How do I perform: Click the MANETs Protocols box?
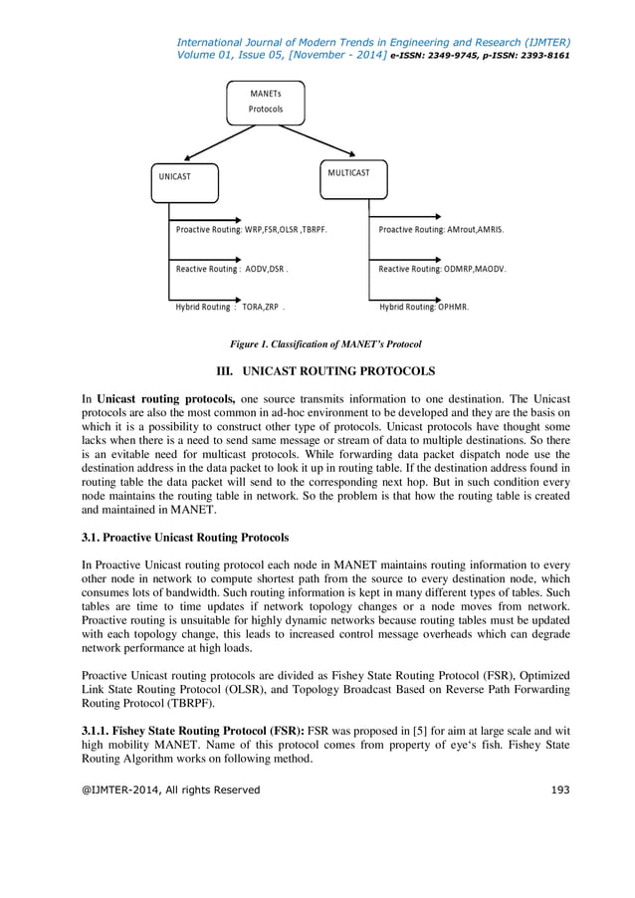[x=266, y=102]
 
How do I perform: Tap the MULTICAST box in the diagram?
[x=353, y=175]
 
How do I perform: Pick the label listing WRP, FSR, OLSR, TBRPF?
[x=252, y=229]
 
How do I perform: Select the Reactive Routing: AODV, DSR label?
[x=232, y=269]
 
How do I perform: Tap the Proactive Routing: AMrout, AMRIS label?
[x=441, y=229]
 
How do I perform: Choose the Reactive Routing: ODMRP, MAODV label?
[x=443, y=269]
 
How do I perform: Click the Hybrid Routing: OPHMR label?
[x=424, y=308]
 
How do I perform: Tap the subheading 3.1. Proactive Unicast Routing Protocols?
[x=185, y=538]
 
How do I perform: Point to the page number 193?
[x=559, y=789]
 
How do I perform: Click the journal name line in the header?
[x=372, y=42]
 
